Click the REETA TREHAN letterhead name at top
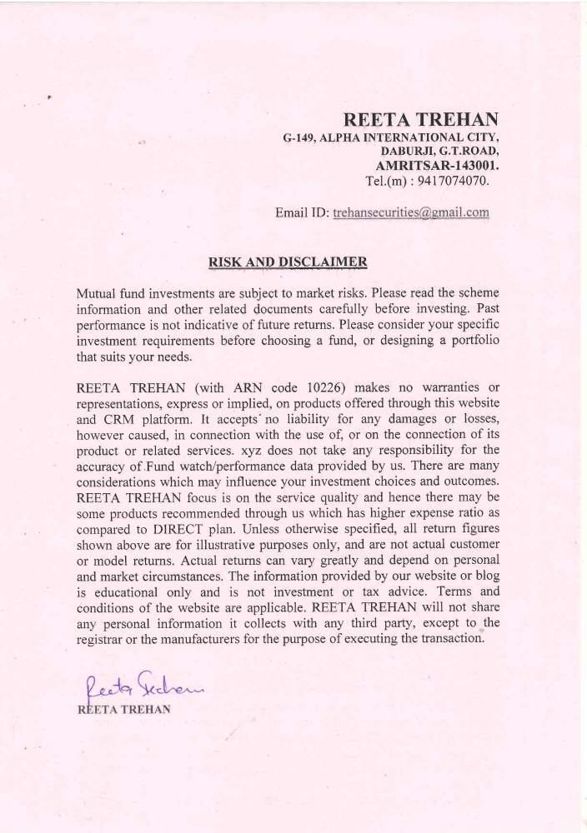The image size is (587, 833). [x=428, y=119]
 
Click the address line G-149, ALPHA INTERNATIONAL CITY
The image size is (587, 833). [x=391, y=137]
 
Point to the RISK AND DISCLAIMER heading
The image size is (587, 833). [x=288, y=262]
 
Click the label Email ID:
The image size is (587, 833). [x=302, y=213]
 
